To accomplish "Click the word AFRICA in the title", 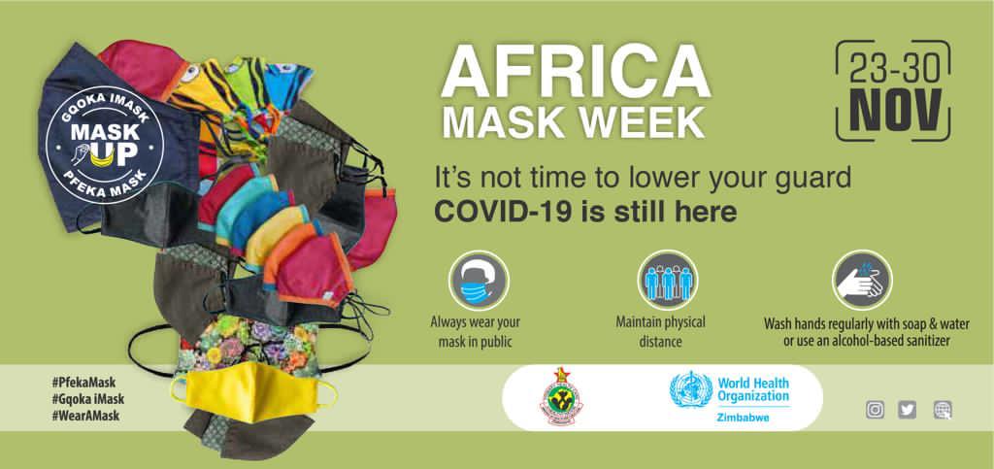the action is point(576,73).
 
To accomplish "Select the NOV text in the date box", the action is point(893,109).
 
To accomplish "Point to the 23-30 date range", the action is point(893,68).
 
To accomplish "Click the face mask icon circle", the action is point(479,280).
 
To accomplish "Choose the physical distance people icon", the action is point(668,280).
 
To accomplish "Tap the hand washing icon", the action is point(862,280).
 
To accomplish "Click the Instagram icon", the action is point(875,410).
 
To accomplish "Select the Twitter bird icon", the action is point(908,410).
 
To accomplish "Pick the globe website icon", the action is point(943,410).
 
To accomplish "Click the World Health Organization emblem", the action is point(691,389).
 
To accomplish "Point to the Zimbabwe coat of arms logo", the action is point(561,396).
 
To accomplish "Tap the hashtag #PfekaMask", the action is point(83,383).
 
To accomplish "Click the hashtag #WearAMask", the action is point(85,417).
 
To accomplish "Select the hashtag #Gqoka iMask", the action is point(88,399).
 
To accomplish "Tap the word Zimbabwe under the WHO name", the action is point(743,418).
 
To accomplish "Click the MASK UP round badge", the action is point(105,145).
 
